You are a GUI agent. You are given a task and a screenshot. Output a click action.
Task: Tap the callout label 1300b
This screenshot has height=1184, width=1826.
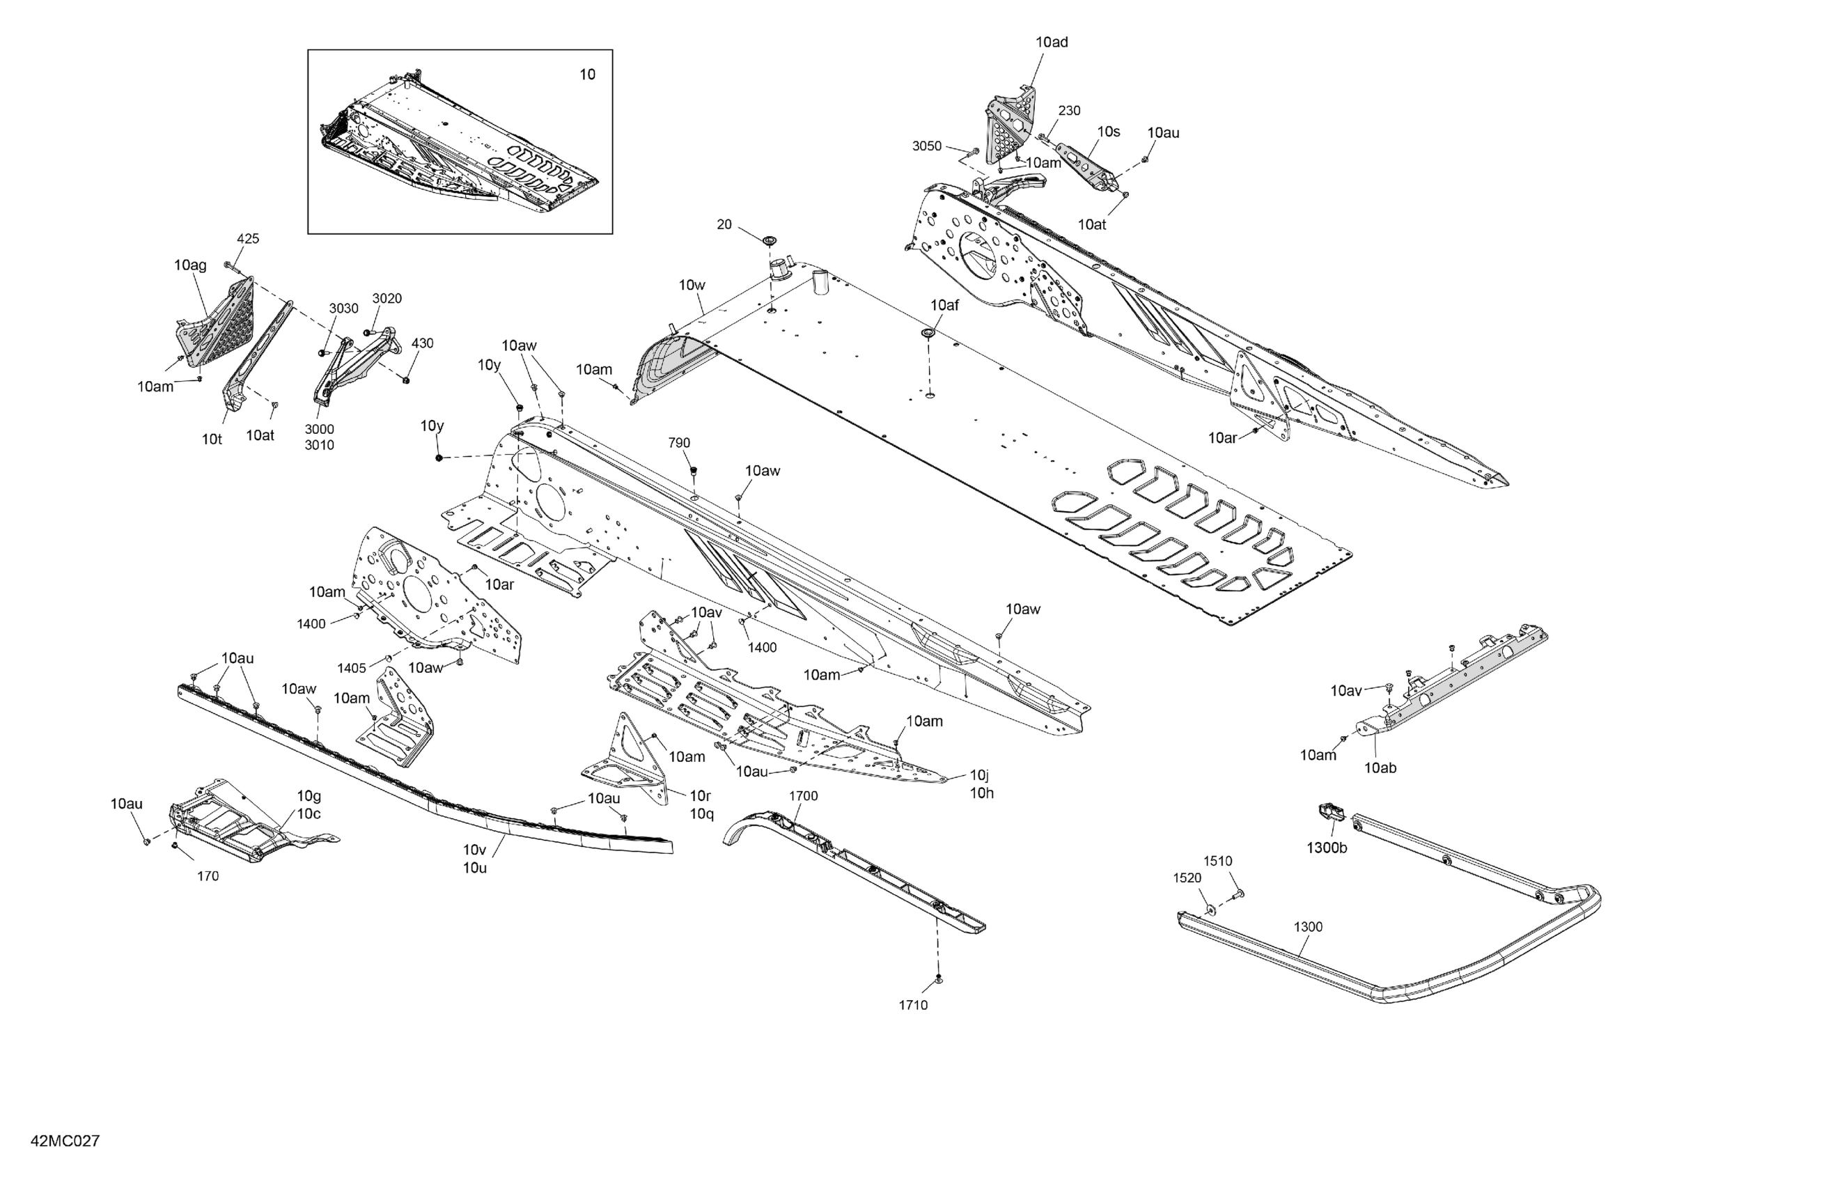click(1327, 848)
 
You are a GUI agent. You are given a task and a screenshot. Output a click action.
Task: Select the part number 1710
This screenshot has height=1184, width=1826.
click(913, 1005)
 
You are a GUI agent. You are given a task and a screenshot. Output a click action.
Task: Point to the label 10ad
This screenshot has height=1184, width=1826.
click(1051, 42)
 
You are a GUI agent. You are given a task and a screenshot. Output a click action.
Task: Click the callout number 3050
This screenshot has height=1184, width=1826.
click(926, 146)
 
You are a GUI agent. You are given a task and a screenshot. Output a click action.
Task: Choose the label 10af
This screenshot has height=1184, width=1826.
click(944, 305)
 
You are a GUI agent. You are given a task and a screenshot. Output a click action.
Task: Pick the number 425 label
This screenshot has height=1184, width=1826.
click(248, 239)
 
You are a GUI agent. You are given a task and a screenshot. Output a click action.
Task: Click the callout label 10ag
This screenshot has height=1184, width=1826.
click(190, 265)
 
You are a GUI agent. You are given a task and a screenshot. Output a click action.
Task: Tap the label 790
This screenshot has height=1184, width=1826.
click(679, 443)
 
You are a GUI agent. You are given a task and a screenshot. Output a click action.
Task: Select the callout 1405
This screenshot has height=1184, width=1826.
click(352, 669)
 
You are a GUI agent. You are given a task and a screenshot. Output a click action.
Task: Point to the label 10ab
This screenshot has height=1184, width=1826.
click(1380, 768)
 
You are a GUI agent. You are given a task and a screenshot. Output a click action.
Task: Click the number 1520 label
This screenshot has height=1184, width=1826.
click(1187, 878)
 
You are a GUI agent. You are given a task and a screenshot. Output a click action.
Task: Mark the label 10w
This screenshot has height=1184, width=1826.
click(692, 286)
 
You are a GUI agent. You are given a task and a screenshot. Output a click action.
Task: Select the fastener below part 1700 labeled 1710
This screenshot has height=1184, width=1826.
click(938, 980)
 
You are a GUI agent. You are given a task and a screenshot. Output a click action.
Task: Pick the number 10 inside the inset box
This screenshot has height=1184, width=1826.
click(587, 75)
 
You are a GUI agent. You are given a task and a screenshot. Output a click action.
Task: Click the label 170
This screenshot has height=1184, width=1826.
click(208, 876)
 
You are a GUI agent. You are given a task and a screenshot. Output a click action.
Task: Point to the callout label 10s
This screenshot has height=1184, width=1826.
click(1108, 132)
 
